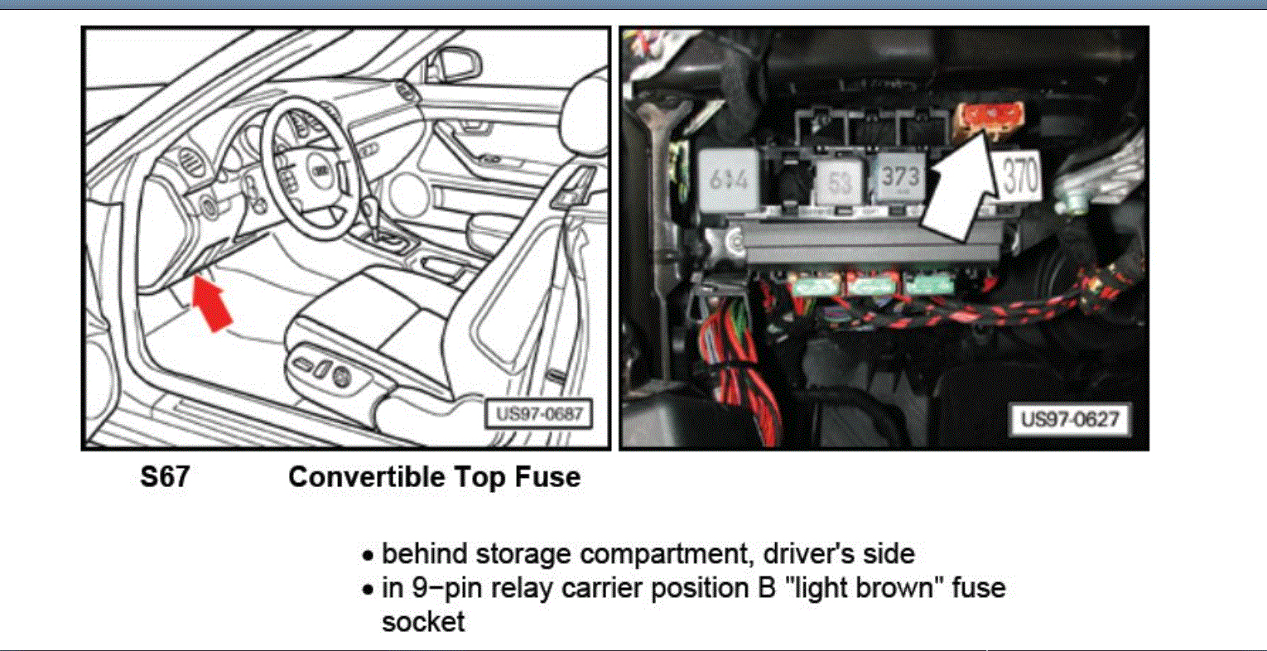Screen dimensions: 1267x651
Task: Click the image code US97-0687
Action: click(538, 413)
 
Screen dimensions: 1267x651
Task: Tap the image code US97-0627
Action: click(1069, 418)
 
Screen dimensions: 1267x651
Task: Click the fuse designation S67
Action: click(164, 477)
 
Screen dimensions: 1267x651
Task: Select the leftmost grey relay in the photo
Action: click(728, 177)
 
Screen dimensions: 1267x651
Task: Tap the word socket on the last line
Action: click(423, 621)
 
